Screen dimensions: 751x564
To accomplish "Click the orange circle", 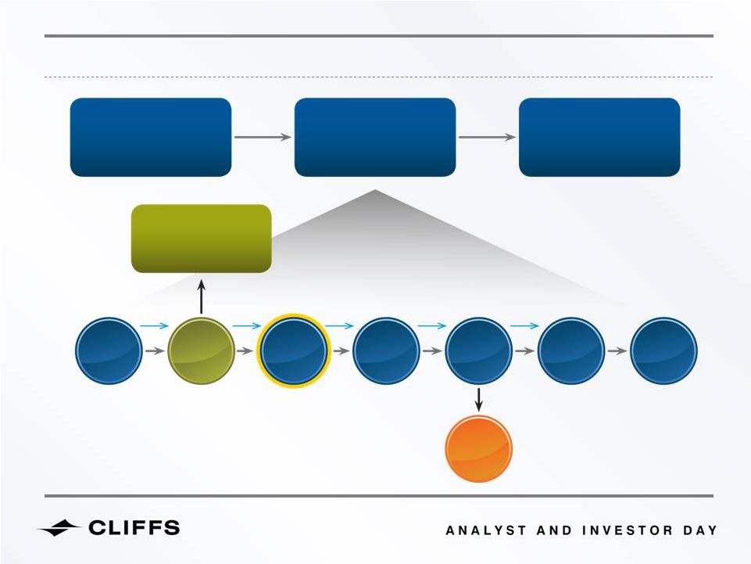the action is pos(478,449).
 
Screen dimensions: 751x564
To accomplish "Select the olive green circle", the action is pos(201,350).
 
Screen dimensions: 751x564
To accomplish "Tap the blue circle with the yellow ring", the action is pos(294,350).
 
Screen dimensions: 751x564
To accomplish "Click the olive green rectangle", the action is pos(201,239).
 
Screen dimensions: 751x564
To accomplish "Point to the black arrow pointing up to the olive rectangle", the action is pos(201,297).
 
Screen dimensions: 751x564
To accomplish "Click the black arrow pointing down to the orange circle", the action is pos(478,400).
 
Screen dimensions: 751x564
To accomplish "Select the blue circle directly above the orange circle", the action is pos(478,350).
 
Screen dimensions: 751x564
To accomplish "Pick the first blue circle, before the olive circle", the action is pos(109,350).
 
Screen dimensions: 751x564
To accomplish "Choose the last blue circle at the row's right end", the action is pos(663,350).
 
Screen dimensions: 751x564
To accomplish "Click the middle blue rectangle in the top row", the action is pos(375,137).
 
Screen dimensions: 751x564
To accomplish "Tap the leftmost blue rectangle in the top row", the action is pos(151,137).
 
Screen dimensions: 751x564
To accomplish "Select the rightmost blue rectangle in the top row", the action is pos(599,137).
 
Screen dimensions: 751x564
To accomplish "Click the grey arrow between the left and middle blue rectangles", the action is pos(263,137).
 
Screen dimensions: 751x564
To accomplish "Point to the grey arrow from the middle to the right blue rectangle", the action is pos(487,137).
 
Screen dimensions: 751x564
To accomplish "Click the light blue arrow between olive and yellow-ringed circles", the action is pos(247,326).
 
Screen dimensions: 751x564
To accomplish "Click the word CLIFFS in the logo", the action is pos(134,528).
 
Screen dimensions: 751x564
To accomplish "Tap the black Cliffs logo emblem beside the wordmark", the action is pos(59,528).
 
